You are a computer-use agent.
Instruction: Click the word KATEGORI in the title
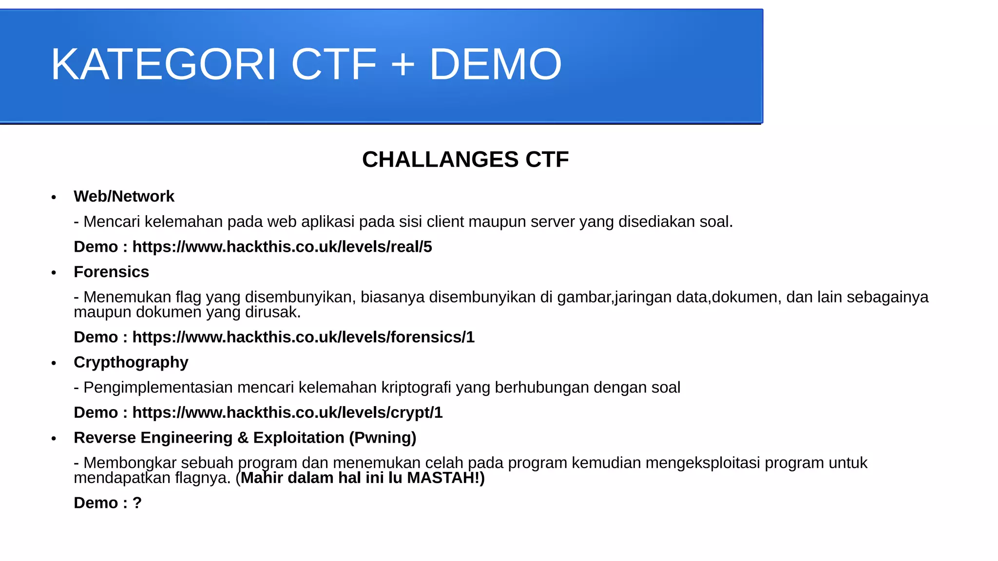coord(164,64)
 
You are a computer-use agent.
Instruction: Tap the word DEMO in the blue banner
coord(495,64)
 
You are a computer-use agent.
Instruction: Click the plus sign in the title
coord(403,64)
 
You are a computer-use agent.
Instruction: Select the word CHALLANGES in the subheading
coord(440,160)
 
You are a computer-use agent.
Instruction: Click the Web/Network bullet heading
coord(124,196)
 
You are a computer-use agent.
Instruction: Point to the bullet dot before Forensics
coord(54,273)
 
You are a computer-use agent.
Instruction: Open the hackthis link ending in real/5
coord(282,247)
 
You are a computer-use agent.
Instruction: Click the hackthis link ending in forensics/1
coord(303,337)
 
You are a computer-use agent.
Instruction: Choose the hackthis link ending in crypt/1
coord(287,412)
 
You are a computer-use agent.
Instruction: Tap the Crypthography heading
coord(131,362)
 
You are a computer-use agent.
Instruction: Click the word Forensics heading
coord(111,272)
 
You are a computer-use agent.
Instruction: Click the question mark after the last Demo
coord(137,503)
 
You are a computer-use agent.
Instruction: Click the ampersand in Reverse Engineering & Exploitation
coord(243,438)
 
